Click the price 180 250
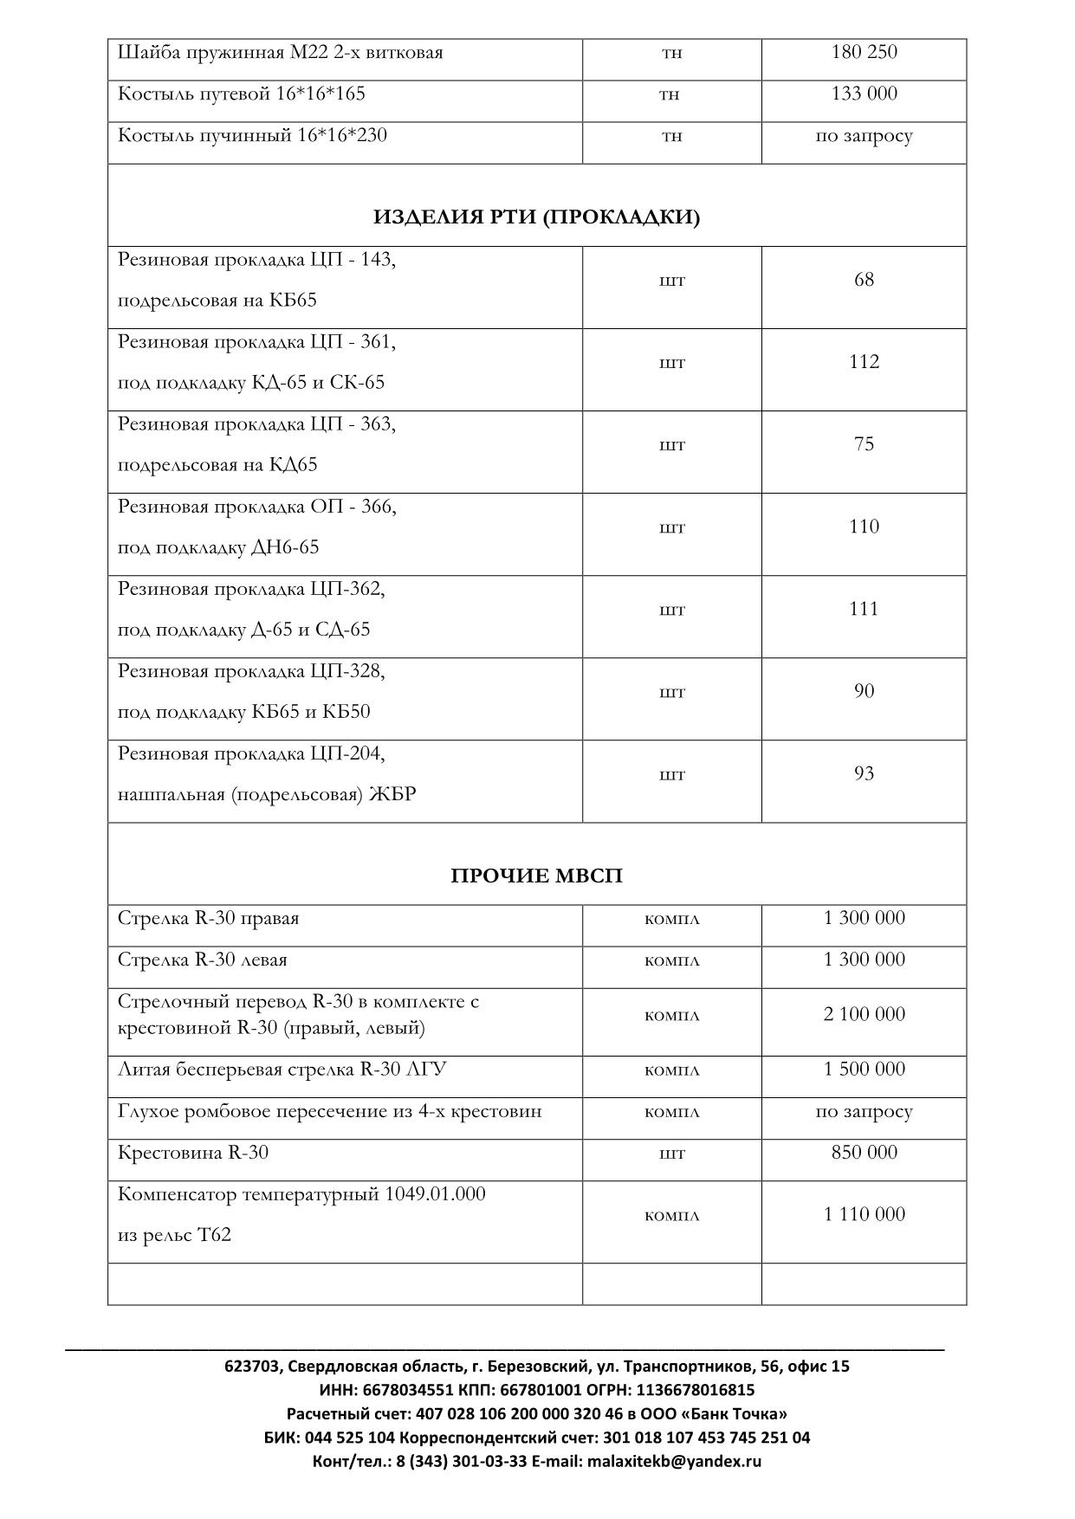click(864, 52)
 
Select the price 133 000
click(864, 94)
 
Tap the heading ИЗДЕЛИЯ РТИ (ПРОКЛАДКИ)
click(536, 217)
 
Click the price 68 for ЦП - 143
click(864, 280)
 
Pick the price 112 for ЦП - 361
click(864, 362)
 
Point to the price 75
click(864, 444)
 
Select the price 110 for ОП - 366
click(864, 527)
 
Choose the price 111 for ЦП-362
click(864, 609)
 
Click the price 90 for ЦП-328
click(864, 691)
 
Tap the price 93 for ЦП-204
click(864, 773)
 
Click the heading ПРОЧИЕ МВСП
click(536, 876)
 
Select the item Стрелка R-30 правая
click(208, 918)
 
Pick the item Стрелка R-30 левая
click(202, 960)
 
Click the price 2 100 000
click(864, 1014)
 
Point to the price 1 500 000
click(864, 1069)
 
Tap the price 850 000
click(864, 1152)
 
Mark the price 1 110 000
click(864, 1214)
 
